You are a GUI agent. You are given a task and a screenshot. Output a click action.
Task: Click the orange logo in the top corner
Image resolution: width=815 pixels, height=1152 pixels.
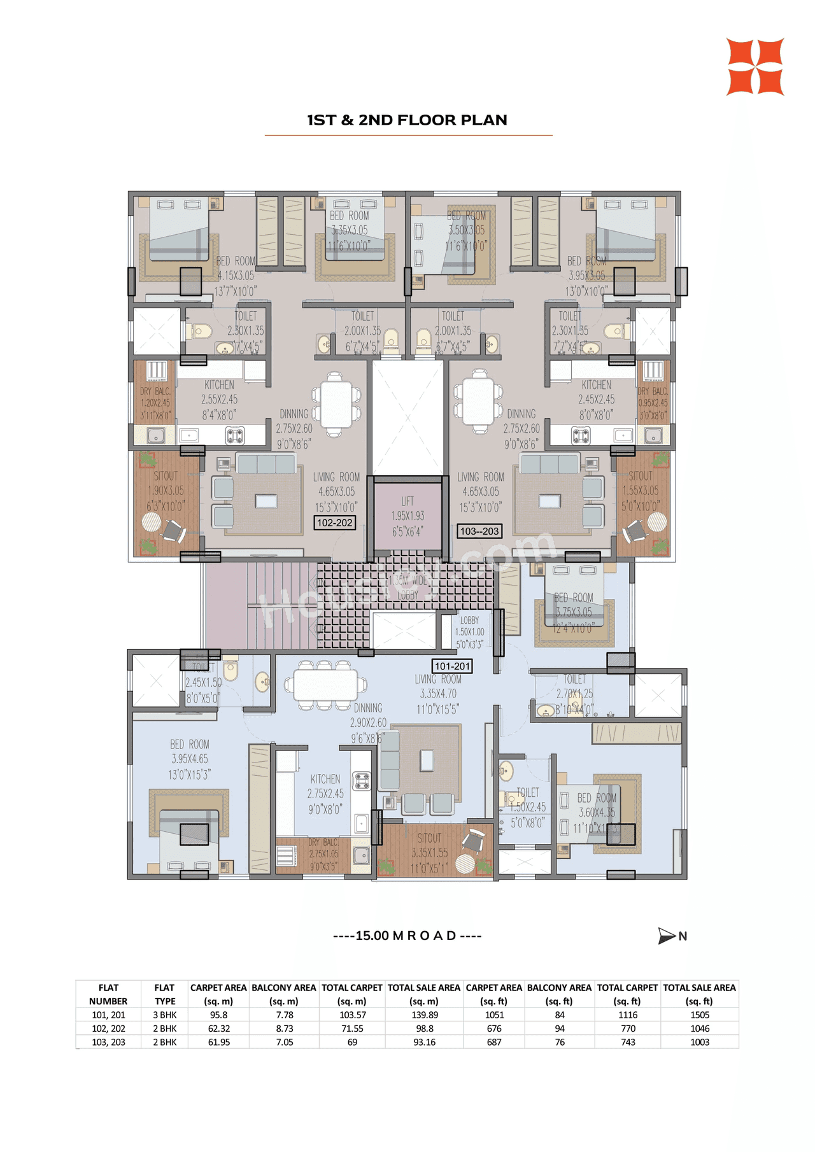click(x=755, y=67)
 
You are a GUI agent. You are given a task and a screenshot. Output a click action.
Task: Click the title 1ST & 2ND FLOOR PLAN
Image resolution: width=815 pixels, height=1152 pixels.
click(x=407, y=120)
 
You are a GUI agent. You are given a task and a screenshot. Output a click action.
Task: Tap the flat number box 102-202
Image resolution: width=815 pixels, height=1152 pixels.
click(x=335, y=523)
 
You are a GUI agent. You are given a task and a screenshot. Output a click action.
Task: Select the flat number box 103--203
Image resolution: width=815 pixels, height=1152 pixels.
click(x=479, y=531)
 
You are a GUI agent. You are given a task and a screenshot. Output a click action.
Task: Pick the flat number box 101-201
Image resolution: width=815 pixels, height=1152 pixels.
click(x=452, y=666)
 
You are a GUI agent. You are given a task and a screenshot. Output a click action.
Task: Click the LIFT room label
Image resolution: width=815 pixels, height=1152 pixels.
click(x=407, y=516)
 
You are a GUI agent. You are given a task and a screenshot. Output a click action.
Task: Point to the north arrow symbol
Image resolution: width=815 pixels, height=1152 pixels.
click(x=667, y=936)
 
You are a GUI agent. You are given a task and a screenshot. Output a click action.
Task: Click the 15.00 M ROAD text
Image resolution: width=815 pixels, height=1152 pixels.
click(x=407, y=936)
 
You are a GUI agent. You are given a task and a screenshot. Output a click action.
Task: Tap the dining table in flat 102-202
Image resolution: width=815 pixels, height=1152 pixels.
click(x=336, y=404)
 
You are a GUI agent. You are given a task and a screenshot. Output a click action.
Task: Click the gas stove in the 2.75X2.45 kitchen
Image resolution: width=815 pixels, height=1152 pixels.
click(x=362, y=781)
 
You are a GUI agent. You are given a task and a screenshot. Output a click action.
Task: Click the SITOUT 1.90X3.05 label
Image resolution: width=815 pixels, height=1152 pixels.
click(x=166, y=491)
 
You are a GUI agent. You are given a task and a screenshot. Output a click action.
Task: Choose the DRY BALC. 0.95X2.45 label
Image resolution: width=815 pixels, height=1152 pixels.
click(x=653, y=403)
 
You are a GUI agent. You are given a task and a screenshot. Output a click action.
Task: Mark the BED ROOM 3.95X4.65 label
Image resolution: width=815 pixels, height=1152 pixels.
click(x=189, y=759)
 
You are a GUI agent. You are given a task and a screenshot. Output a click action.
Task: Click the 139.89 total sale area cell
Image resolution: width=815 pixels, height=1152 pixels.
click(x=424, y=1015)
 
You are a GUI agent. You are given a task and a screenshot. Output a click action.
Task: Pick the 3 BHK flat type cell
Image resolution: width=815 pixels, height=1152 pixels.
click(x=164, y=1015)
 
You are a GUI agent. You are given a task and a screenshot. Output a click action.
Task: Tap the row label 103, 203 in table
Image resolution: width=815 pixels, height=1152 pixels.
click(x=108, y=1042)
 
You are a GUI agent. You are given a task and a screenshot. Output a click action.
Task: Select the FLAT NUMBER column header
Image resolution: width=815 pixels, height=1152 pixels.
click(x=108, y=994)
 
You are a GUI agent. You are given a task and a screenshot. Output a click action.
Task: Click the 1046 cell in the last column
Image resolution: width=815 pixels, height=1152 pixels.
click(x=699, y=1029)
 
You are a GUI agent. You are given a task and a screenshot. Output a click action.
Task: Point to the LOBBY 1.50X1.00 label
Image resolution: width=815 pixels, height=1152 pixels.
click(x=469, y=631)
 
